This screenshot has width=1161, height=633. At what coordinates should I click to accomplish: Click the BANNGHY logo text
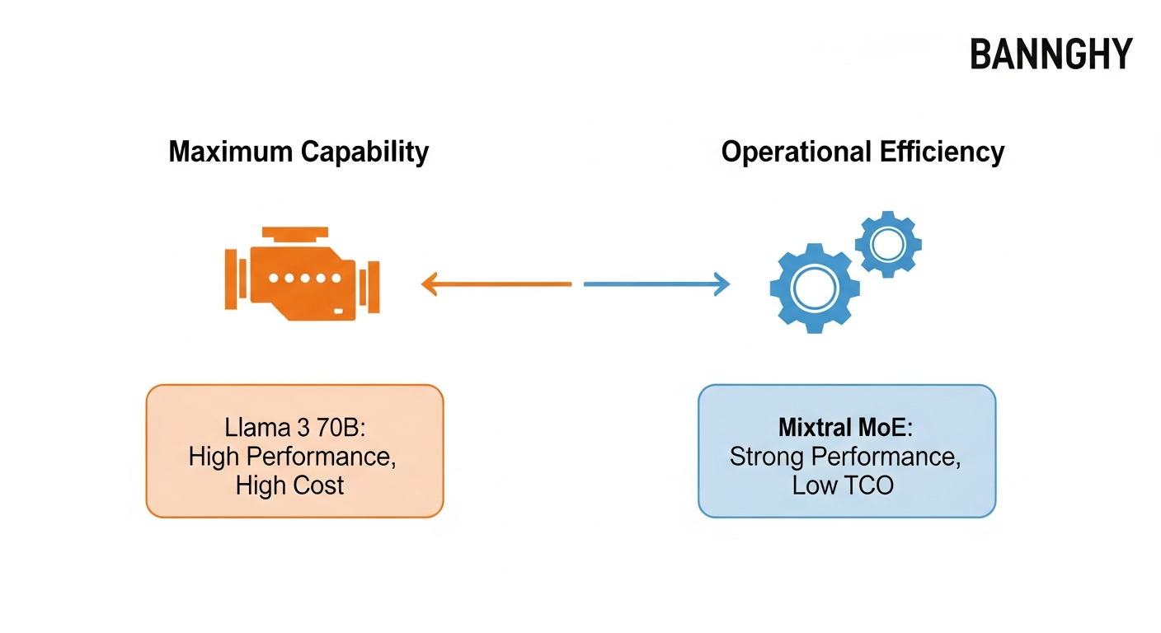1051,54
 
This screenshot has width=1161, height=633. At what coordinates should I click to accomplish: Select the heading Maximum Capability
298,152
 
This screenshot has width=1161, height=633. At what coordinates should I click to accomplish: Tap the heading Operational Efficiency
863,152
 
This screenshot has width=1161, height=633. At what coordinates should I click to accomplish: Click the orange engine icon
302,273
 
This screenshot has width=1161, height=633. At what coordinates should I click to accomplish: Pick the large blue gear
814,288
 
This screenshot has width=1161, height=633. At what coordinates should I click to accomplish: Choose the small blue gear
888,243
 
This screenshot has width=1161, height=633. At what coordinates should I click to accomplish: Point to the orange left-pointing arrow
496,284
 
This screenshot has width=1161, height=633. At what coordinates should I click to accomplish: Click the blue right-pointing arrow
656,284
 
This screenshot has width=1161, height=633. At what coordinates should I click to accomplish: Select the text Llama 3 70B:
293,429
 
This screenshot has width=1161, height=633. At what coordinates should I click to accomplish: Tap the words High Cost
289,485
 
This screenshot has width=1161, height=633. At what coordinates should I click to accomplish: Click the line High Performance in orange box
293,457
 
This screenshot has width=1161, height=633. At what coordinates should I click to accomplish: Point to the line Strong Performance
844,457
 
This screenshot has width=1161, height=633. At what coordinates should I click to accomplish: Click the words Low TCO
843,485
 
